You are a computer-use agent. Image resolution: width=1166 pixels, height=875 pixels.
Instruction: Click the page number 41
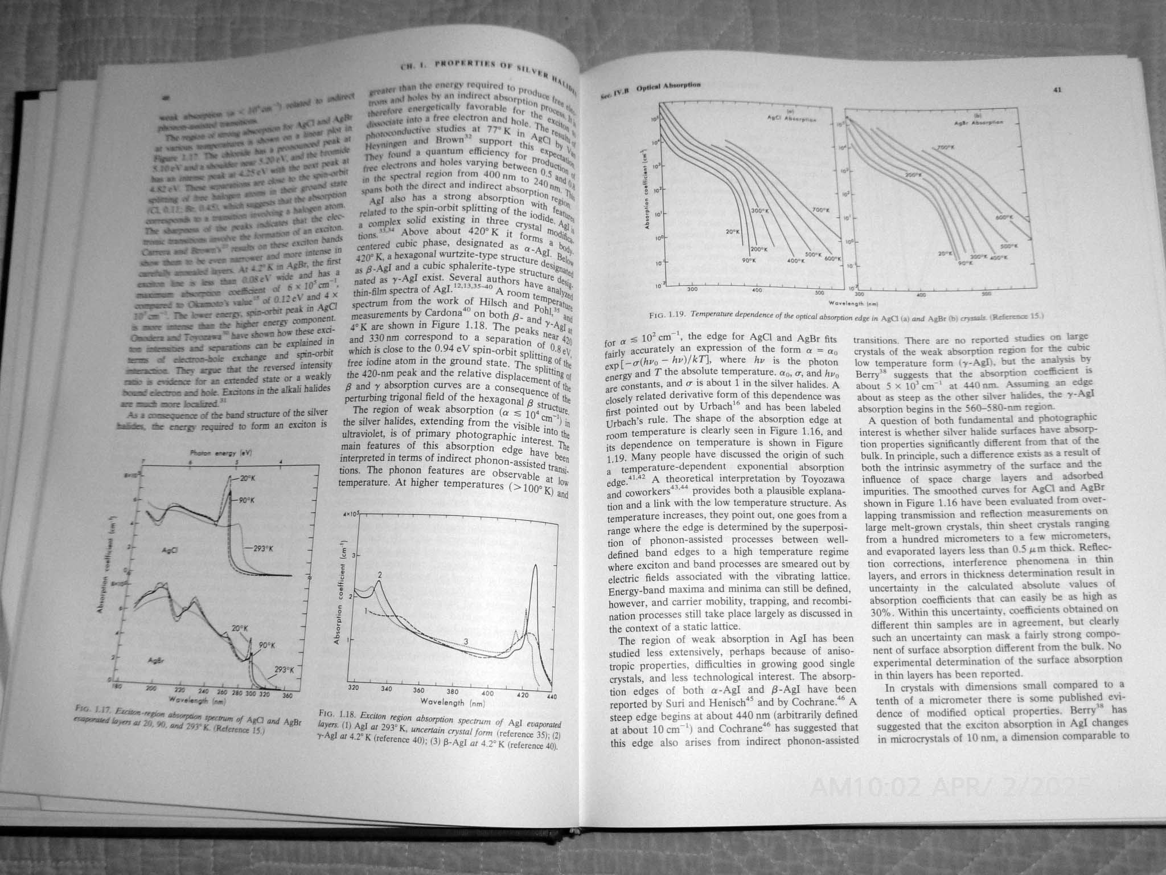coord(1057,89)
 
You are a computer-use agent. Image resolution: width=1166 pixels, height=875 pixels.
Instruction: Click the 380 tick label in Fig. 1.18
coord(454,692)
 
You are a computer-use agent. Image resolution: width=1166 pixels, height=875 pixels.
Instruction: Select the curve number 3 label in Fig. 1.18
coord(466,642)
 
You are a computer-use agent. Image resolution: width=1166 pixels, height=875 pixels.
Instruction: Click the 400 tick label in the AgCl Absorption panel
coord(756,291)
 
